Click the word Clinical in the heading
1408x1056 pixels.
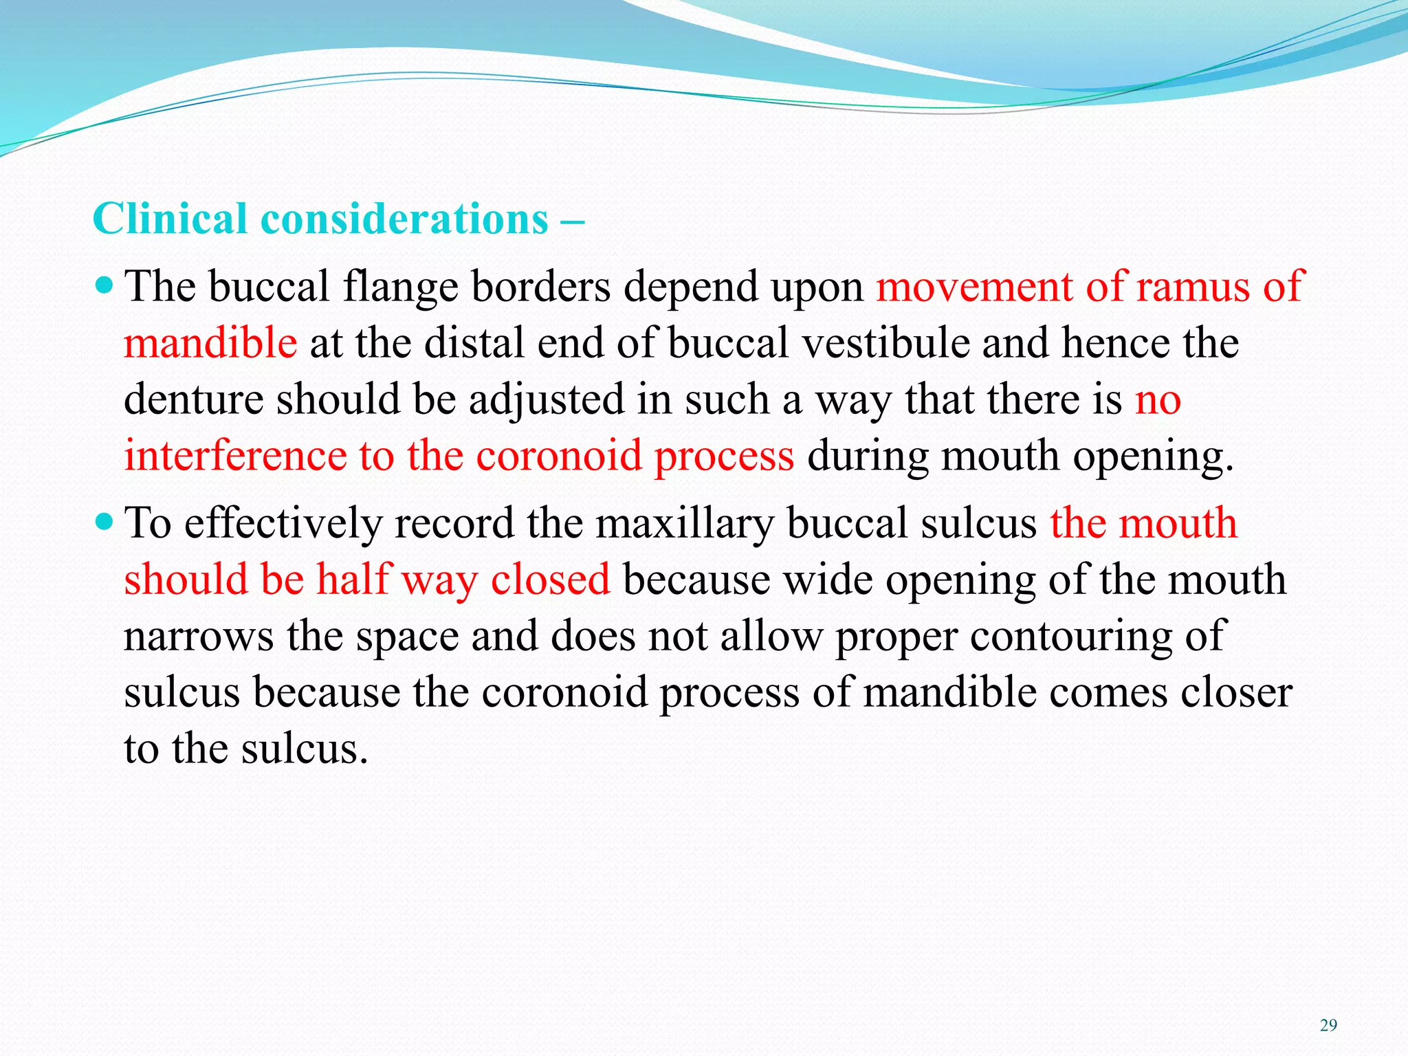pos(170,219)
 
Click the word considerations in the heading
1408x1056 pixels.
pos(404,219)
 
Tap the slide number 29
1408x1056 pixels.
pos(1328,1026)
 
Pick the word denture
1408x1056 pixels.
pos(193,399)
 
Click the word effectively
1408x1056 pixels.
pos(283,524)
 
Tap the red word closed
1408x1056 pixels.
pos(550,580)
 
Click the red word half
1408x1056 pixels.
pos(354,580)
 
